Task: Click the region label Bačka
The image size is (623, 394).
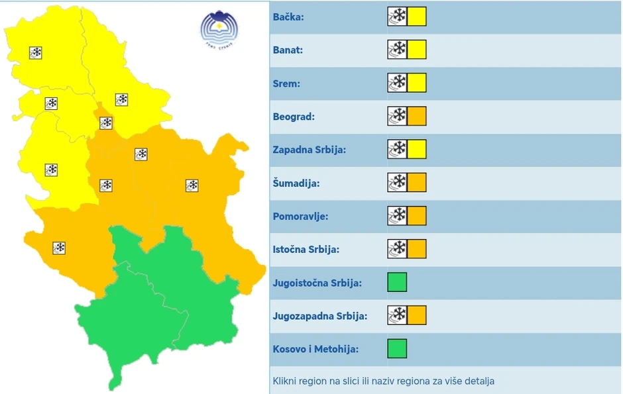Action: click(x=288, y=17)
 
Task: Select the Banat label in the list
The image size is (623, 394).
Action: click(x=288, y=50)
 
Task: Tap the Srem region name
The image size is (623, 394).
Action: click(x=286, y=83)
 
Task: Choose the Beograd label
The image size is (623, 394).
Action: click(x=294, y=117)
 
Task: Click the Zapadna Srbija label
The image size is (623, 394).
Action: click(x=309, y=150)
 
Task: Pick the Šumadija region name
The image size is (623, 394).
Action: click(x=296, y=183)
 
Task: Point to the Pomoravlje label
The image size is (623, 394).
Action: click(x=300, y=216)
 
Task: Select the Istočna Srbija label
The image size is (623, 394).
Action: click(x=306, y=249)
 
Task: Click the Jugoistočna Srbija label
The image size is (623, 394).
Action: click(x=317, y=283)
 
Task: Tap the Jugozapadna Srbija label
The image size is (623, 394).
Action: click(x=319, y=316)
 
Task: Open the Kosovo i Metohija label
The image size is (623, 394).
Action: click(x=315, y=349)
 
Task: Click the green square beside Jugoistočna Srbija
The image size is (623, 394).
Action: click(x=397, y=282)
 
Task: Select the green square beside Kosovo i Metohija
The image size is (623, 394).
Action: click(x=397, y=348)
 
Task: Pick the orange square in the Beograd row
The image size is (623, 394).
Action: click(x=417, y=117)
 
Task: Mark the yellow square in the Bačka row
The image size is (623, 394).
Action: click(x=417, y=17)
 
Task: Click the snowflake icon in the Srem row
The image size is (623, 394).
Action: click(x=398, y=83)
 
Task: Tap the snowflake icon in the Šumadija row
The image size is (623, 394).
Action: click(x=398, y=183)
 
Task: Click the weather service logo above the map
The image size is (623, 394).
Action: click(x=219, y=28)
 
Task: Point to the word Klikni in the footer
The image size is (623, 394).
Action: click(x=285, y=381)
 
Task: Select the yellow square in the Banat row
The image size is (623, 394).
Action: click(x=417, y=50)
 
